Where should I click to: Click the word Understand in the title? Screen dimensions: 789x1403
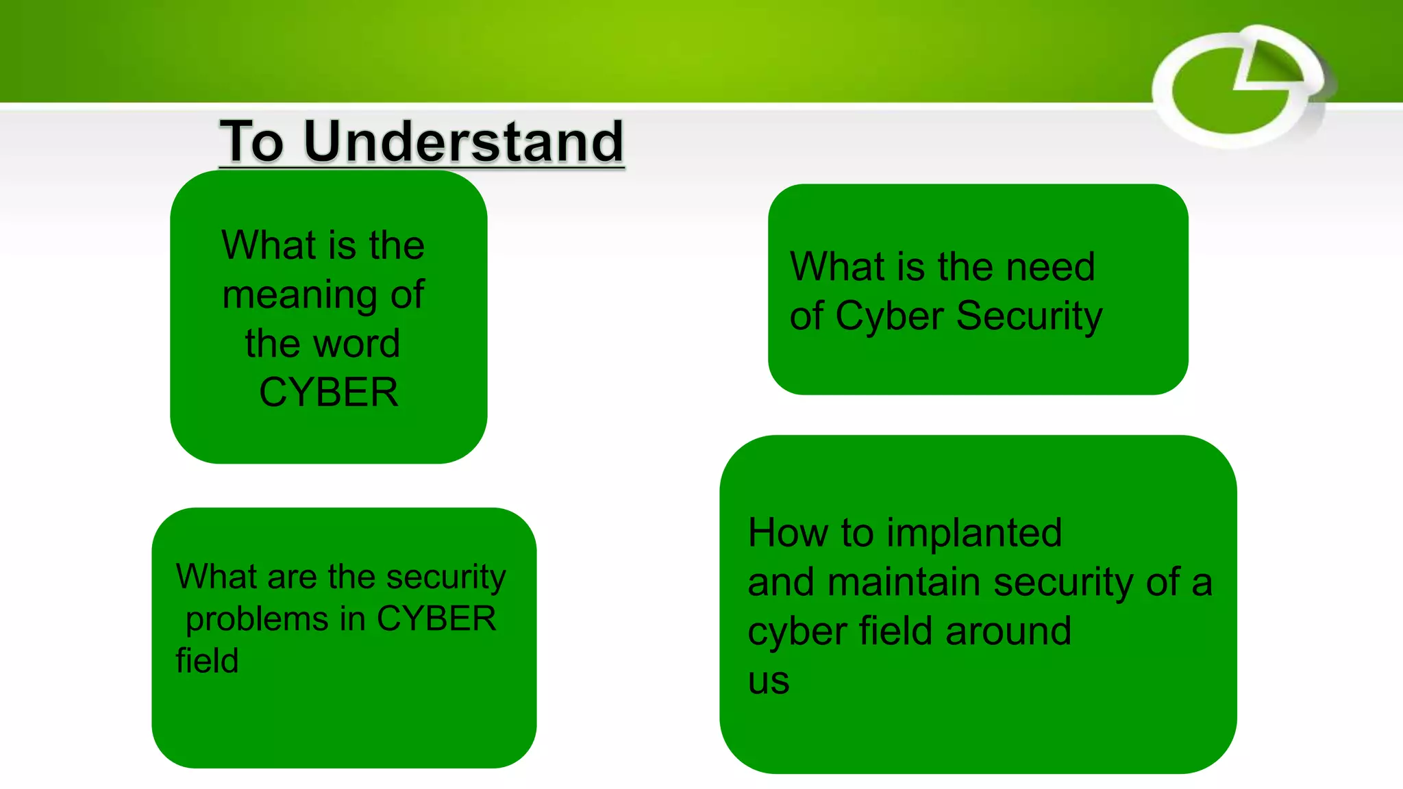click(x=463, y=141)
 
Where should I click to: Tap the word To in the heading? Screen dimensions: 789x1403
click(x=251, y=141)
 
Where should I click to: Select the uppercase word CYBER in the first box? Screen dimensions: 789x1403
click(x=329, y=392)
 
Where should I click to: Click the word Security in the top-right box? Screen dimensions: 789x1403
click(x=1029, y=316)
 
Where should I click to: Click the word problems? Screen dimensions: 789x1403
click(x=257, y=620)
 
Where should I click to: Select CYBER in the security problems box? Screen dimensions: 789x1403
click(x=436, y=618)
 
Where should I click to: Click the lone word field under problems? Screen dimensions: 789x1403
click(x=207, y=661)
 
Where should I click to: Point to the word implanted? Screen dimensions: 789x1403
click(x=973, y=533)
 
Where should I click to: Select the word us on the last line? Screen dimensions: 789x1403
click(x=769, y=681)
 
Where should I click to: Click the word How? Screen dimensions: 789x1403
click(x=787, y=533)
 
